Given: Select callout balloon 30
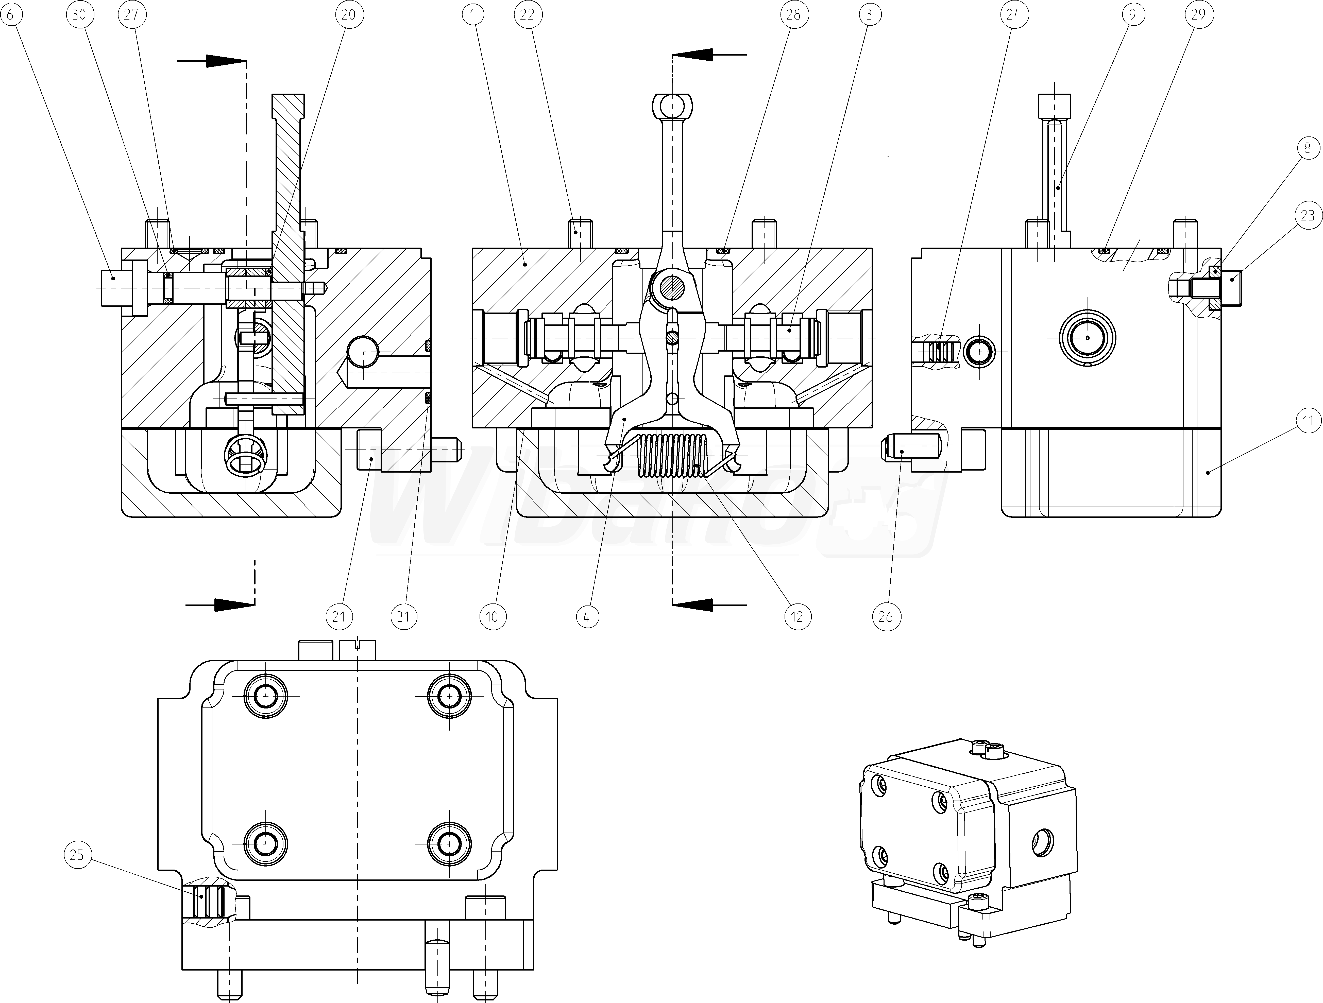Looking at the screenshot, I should tap(80, 14).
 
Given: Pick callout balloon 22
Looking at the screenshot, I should tap(527, 14).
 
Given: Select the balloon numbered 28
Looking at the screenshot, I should tap(793, 14).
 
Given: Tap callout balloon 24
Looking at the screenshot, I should tap(1013, 14).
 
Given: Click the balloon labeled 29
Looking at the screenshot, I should tap(1199, 14).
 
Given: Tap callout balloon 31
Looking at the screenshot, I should tap(404, 616).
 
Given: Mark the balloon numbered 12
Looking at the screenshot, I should tap(797, 616).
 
